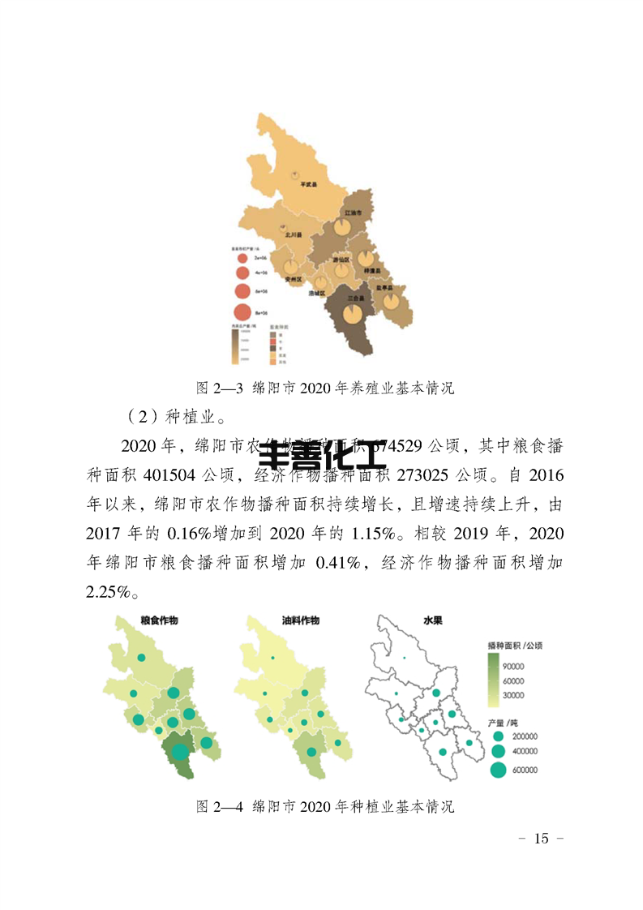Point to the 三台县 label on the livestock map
355,298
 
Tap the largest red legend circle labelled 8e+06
242,311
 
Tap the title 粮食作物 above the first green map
159,620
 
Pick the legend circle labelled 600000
498,770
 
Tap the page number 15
542,838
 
